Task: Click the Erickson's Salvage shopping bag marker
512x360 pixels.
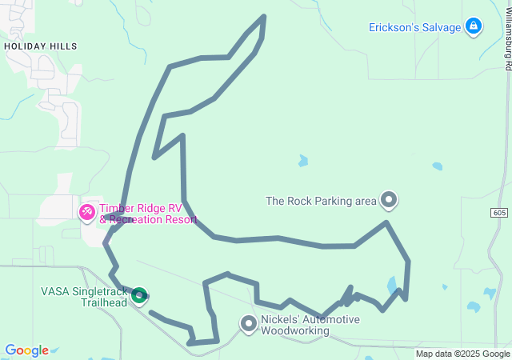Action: [x=474, y=27]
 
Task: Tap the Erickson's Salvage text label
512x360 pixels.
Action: [x=414, y=27]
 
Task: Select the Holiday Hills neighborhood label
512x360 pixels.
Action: [x=41, y=46]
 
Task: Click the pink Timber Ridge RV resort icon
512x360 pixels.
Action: [x=86, y=213]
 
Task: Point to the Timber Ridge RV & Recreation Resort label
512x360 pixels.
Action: [x=148, y=214]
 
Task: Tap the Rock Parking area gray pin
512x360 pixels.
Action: [x=389, y=198]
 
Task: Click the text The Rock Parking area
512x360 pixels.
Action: [x=321, y=201]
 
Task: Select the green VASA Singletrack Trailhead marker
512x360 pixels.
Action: [x=139, y=296]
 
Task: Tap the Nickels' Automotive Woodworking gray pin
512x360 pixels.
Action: [x=249, y=323]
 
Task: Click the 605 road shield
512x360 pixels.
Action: [x=500, y=212]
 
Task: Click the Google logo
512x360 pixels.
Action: [x=26, y=350]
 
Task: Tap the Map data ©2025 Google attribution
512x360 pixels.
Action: [x=462, y=354]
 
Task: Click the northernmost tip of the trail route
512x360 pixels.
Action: [x=263, y=17]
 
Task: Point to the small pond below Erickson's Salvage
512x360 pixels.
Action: [x=437, y=166]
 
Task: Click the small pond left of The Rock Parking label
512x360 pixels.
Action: [x=303, y=161]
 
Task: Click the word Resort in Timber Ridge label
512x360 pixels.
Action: [x=180, y=219]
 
